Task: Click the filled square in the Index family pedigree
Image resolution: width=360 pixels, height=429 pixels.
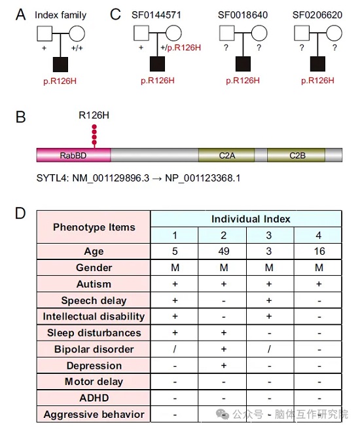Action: point(60,65)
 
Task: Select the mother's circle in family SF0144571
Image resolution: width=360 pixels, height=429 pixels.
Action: point(173,33)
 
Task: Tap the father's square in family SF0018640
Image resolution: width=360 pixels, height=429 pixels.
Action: point(227,33)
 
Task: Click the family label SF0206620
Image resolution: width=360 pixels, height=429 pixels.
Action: point(317,15)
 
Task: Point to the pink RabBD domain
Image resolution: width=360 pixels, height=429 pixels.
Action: point(73,155)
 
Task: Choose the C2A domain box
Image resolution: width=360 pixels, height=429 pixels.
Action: point(226,155)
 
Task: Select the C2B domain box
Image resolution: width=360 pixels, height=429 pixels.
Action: point(297,155)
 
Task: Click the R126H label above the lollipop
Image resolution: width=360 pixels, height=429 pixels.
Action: point(94,115)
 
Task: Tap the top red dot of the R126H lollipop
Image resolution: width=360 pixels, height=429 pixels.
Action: point(94,126)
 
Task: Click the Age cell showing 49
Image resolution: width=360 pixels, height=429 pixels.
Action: point(224,251)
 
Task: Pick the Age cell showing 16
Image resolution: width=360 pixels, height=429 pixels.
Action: point(319,251)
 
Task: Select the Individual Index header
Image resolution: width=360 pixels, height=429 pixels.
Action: point(251,219)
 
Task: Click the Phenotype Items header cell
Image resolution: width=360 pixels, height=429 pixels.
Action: point(94,227)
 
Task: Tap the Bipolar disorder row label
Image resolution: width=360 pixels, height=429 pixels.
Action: point(94,349)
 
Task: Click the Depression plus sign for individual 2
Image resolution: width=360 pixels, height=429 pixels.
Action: point(224,365)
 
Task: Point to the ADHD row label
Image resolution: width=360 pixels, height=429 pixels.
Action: point(94,398)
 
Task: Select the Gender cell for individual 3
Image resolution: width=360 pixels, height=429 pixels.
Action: point(269,267)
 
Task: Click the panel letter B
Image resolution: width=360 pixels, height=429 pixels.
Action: point(21,117)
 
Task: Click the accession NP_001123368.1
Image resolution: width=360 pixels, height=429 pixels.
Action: point(202,178)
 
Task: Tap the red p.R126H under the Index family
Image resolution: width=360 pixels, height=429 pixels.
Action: point(60,81)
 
